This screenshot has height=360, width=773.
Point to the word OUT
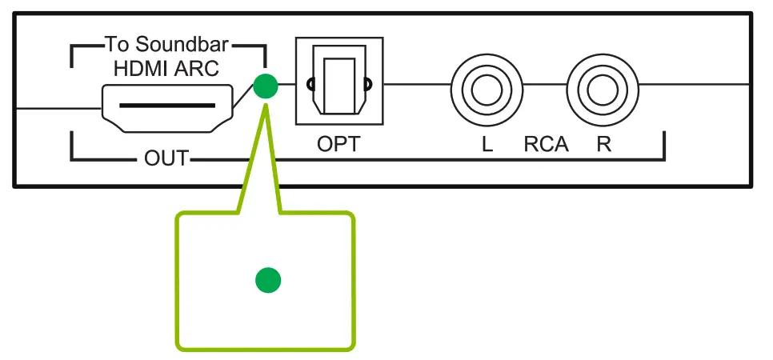(x=166, y=158)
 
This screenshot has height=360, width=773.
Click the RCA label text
(x=546, y=145)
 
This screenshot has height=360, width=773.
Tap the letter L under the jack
(x=487, y=145)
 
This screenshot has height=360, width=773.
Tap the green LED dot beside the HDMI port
(x=265, y=86)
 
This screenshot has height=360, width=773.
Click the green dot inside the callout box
(x=267, y=280)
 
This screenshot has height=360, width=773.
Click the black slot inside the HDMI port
(x=167, y=105)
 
